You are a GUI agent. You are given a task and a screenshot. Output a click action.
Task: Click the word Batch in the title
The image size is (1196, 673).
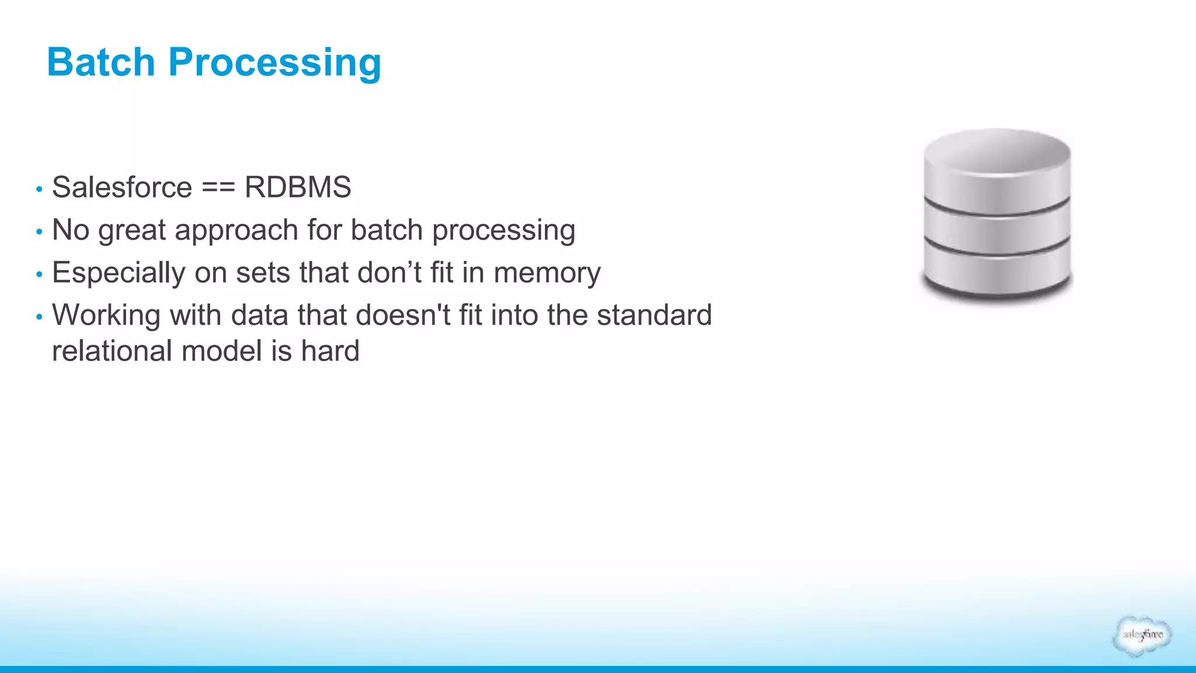(x=100, y=62)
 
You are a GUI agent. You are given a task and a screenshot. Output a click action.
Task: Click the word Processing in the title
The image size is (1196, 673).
(x=274, y=63)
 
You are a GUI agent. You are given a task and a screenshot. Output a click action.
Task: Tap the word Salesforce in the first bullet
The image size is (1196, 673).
(x=122, y=188)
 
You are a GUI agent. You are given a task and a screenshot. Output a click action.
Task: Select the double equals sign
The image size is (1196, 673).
(x=218, y=188)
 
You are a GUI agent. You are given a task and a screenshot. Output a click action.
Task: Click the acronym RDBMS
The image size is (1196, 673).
(x=298, y=188)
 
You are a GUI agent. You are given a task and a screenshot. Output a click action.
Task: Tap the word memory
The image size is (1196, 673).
(x=547, y=273)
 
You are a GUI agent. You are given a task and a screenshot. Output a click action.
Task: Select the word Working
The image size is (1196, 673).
(x=106, y=315)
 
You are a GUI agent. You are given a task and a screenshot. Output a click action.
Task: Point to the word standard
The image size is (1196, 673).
(x=654, y=315)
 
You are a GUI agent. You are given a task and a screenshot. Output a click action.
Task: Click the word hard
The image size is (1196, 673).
(x=330, y=351)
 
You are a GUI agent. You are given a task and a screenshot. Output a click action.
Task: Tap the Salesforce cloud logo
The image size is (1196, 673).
(x=1142, y=635)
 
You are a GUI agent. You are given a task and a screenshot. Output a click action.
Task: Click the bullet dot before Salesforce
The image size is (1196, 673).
(x=39, y=189)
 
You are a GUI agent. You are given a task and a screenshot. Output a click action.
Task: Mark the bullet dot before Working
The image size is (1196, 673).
(x=39, y=317)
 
